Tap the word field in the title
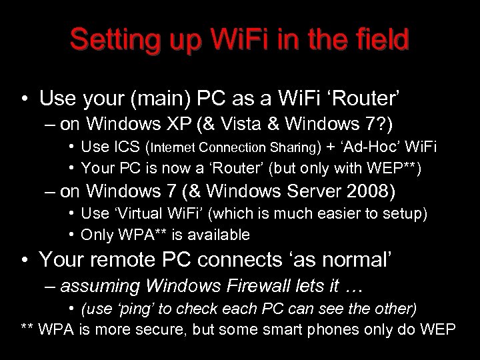point(380,41)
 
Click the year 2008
point(374,192)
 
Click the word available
point(217,235)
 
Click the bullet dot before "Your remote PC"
point(25,259)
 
